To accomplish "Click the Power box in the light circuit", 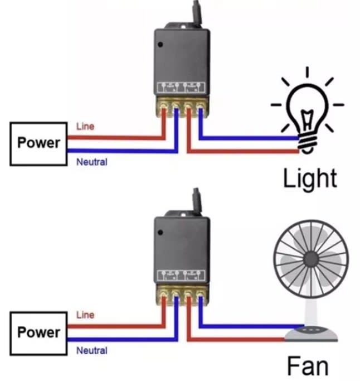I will coord(38,142).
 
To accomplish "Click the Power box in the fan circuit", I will coord(38,332).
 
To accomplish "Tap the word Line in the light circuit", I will coord(85,127).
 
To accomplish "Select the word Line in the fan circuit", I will coord(85,315).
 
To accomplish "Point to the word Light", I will coord(310,178).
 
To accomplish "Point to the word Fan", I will coord(307,366).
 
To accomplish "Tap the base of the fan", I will coord(311,334).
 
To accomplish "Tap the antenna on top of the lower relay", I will coord(196,198).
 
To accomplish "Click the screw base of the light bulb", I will coord(305,143).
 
